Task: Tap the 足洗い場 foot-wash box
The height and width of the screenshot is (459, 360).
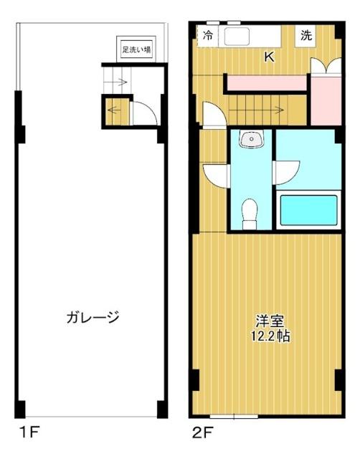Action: [x=136, y=49]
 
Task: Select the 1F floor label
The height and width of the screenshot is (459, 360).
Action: [x=28, y=433]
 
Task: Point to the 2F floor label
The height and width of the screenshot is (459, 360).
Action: [x=203, y=433]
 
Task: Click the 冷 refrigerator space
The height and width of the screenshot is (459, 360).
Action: [x=208, y=35]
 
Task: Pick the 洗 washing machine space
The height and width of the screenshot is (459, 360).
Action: [x=306, y=36]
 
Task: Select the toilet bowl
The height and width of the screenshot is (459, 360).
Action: [x=250, y=213]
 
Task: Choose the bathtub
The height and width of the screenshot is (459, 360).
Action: [x=308, y=211]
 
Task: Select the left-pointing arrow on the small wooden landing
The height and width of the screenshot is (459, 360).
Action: [x=114, y=110]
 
